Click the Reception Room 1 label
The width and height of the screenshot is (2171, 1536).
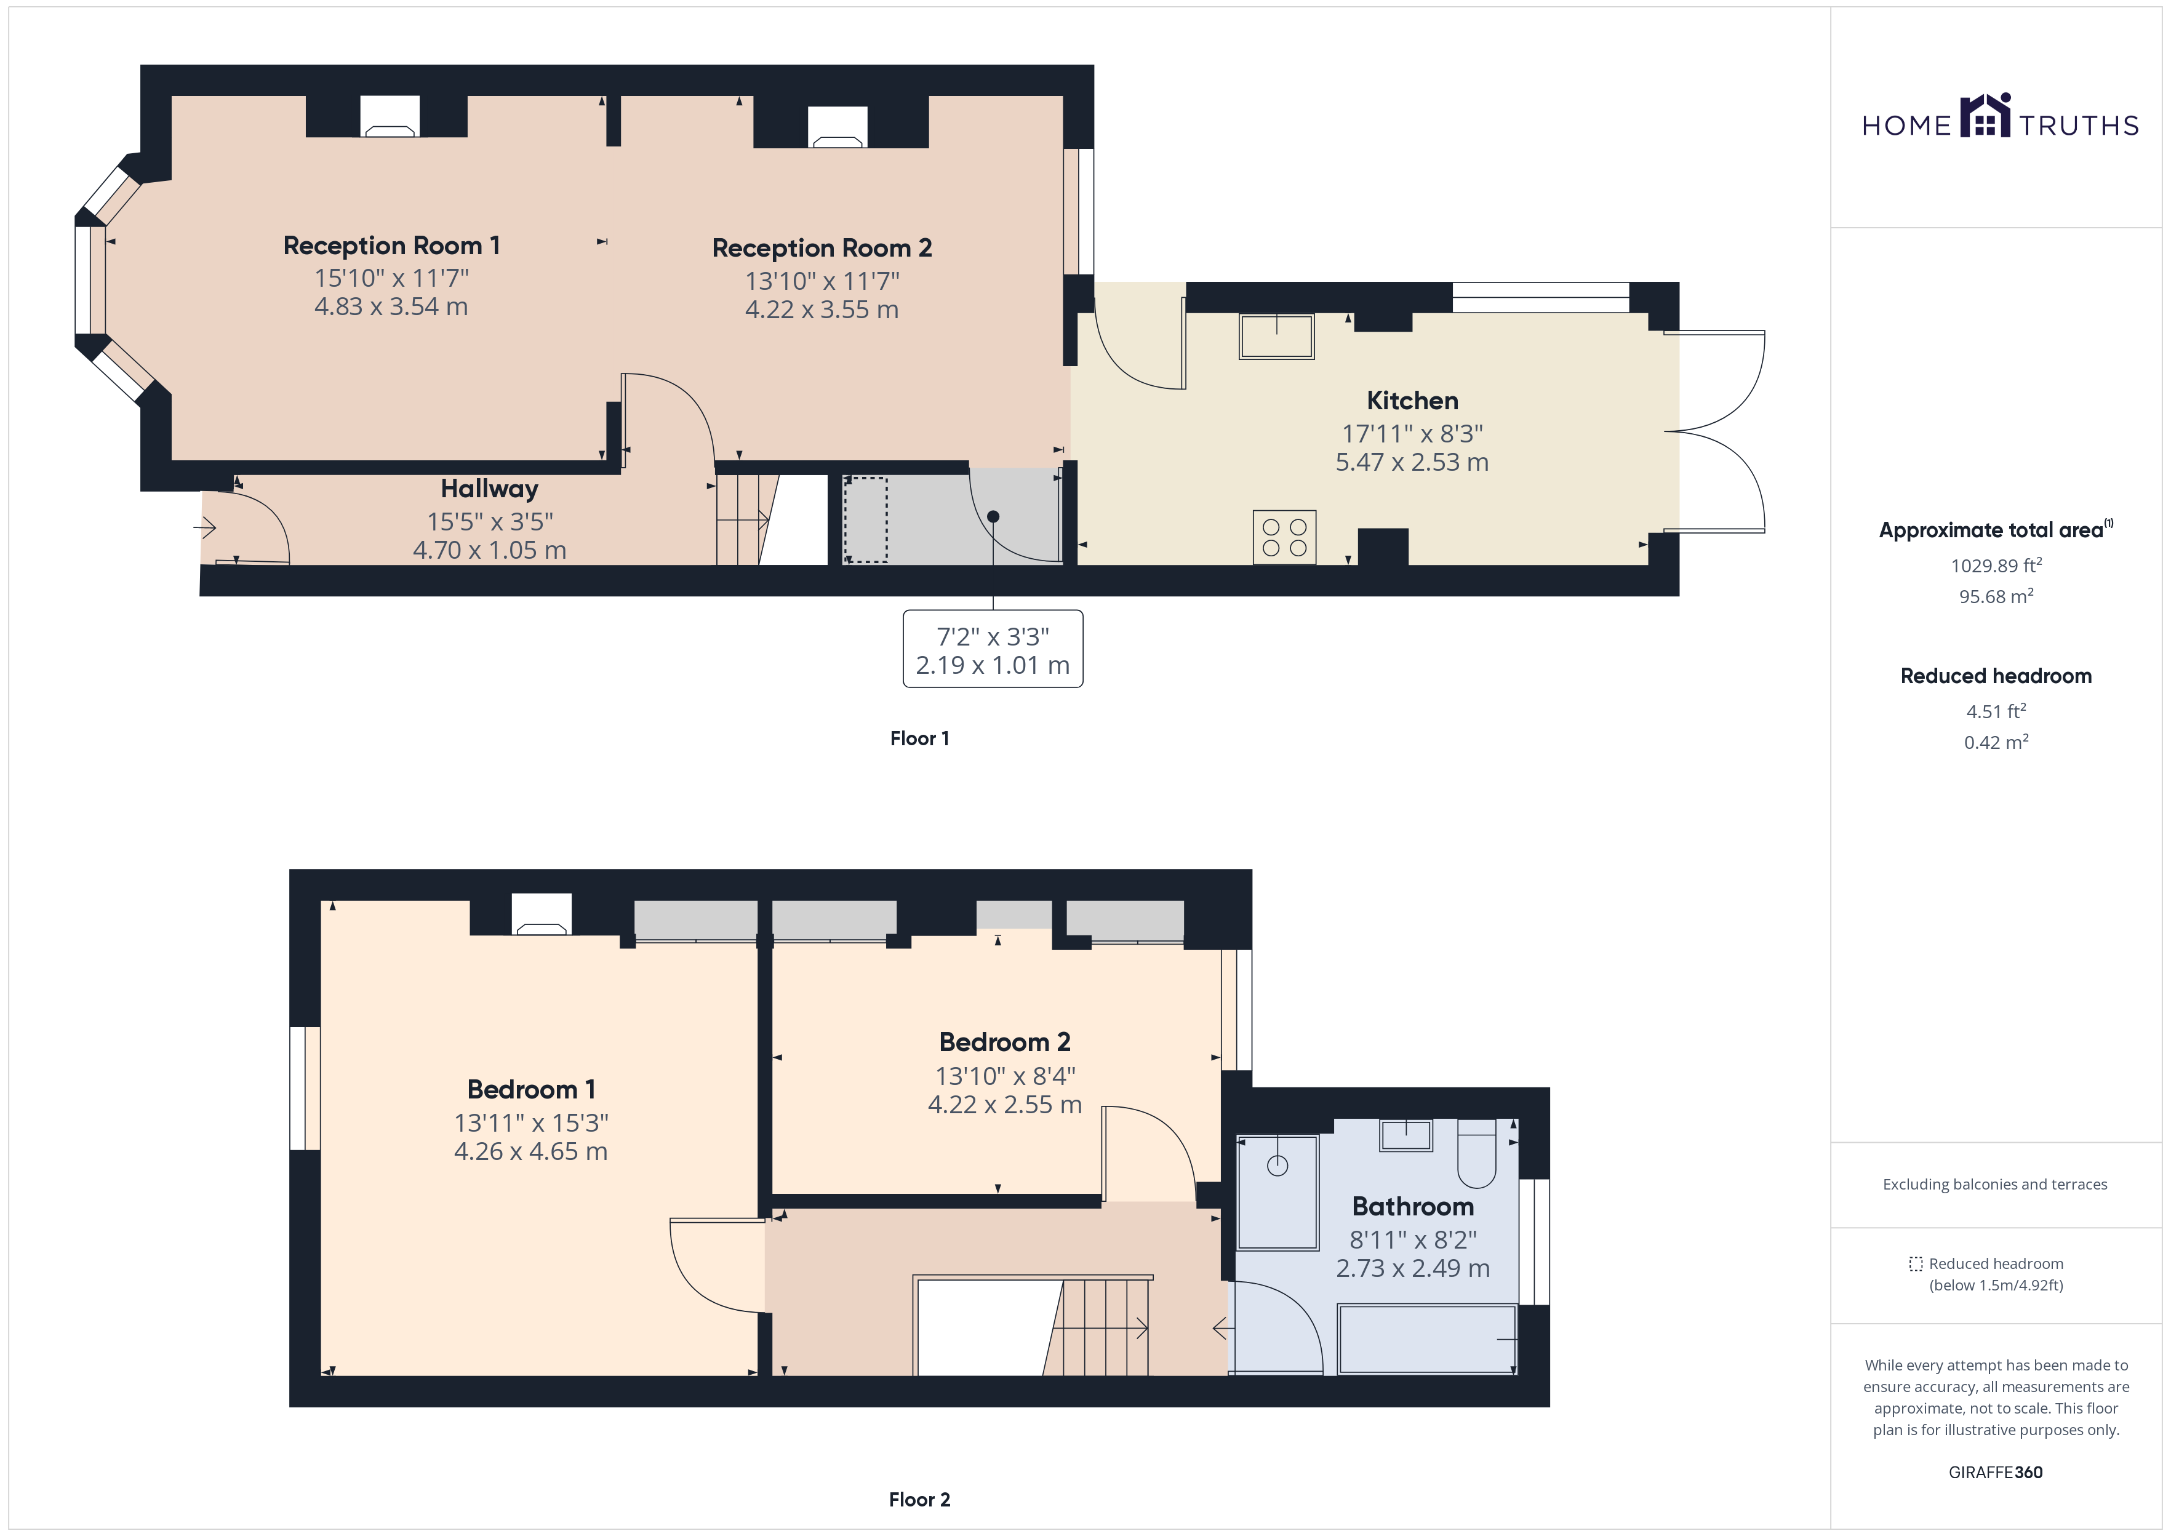coord(391,246)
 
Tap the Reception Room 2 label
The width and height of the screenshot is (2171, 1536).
coord(822,248)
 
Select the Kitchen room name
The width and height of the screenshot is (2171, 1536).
coord(1413,401)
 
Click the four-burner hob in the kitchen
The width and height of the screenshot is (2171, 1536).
coord(1284,537)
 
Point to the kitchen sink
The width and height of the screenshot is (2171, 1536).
coord(1276,337)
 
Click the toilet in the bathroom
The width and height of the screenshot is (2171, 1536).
coord(1476,1153)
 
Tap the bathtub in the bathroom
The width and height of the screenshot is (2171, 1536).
coord(1428,1338)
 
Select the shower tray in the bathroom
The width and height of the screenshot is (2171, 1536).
coord(1277,1192)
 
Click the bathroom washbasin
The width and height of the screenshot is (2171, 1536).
coord(1406,1135)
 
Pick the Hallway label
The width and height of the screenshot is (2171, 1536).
coord(490,489)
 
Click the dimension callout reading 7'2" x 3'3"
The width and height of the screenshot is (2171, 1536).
coord(993,649)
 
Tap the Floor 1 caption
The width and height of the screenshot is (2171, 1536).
coord(919,738)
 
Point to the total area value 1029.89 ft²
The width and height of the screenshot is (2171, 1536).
coord(1996,566)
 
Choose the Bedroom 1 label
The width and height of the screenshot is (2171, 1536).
coord(532,1090)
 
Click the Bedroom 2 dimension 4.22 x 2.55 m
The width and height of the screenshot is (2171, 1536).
coord(1004,1105)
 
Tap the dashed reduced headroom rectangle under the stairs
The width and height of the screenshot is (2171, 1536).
coord(865,520)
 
